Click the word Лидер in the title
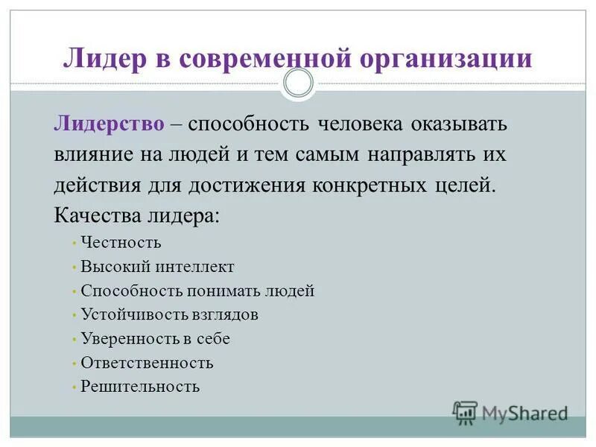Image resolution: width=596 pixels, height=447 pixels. tap(103, 57)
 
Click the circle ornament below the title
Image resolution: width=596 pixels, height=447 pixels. tap(299, 83)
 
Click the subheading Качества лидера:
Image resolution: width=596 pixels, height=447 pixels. tap(137, 216)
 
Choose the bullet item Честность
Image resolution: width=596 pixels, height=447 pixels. tap(121, 243)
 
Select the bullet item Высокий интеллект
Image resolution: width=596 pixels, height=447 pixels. tap(157, 267)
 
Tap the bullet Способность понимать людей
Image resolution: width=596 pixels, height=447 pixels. tap(197, 291)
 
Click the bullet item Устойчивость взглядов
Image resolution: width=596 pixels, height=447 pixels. tap(169, 314)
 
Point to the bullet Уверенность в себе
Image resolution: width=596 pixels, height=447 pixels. tap(155, 339)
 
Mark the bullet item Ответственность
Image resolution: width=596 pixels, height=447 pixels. tap(147, 363)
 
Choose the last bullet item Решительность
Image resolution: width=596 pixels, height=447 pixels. tap(140, 387)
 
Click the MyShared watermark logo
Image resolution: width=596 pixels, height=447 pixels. tap(510, 412)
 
